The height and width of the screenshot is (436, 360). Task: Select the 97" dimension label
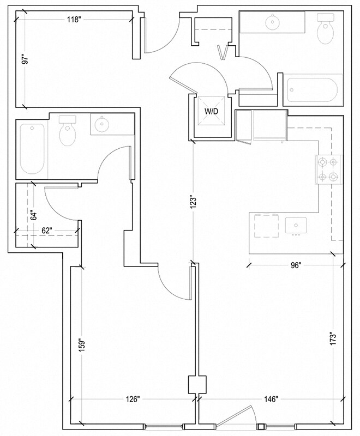click(24, 59)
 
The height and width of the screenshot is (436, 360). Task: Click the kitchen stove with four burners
click(327, 169)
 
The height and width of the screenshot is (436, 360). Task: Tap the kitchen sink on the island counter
click(297, 225)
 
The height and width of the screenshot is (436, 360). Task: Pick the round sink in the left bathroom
click(101, 125)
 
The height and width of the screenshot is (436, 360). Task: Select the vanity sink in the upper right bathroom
click(271, 22)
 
